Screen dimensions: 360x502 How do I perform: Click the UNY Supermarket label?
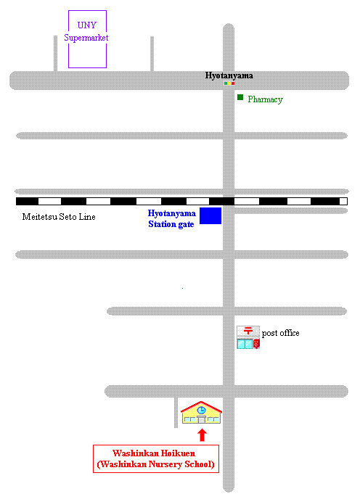[x=86, y=31]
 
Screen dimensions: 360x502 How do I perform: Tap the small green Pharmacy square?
[x=240, y=97]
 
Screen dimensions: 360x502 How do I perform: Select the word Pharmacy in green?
[x=265, y=99]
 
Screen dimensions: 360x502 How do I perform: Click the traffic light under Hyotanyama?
[x=229, y=83]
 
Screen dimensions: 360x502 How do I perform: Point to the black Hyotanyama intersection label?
[x=229, y=75]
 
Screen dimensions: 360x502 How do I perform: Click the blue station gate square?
[x=210, y=215]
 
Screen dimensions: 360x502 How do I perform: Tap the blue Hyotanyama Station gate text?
[x=172, y=218]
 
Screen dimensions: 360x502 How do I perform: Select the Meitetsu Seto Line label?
[x=59, y=217]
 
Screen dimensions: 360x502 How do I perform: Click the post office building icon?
[x=248, y=337]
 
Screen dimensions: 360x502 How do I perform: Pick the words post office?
[x=281, y=333]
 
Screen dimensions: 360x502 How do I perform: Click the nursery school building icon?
[x=201, y=412]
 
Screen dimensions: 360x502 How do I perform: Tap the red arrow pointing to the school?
[x=202, y=435]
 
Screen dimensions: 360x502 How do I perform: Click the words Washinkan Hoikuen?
[x=154, y=453]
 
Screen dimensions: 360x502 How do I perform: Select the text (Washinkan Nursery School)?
[x=155, y=464]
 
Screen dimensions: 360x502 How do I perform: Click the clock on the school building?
[x=201, y=410]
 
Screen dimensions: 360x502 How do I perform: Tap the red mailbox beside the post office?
[x=256, y=344]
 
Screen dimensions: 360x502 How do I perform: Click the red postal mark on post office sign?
[x=248, y=331]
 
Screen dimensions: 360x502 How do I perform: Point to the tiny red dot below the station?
[x=183, y=288]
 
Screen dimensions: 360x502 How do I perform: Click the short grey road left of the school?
[x=176, y=413]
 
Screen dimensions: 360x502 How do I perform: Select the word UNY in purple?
[x=87, y=25]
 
